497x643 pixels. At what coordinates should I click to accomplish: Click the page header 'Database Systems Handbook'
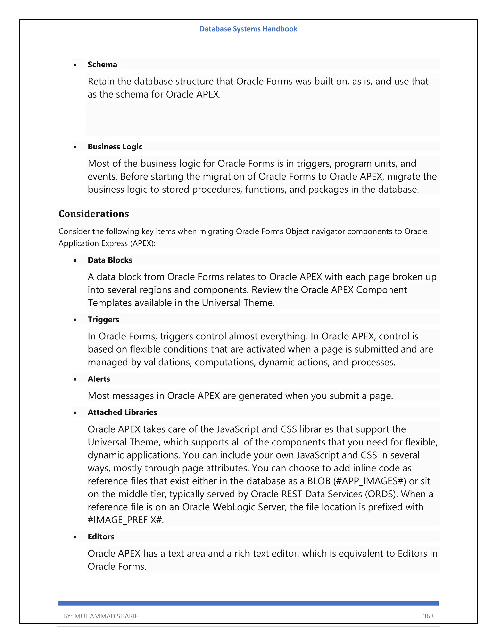pyautogui.click(x=248, y=29)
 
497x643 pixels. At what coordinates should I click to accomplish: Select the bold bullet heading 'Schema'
pyautogui.click(x=102, y=65)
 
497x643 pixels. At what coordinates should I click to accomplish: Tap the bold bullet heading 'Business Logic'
pyautogui.click(x=115, y=147)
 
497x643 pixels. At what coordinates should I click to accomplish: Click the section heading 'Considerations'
pyautogui.click(x=94, y=214)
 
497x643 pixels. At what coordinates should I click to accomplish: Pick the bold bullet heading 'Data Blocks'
pyautogui.click(x=110, y=260)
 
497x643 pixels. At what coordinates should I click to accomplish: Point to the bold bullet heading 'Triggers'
pyautogui.click(x=103, y=320)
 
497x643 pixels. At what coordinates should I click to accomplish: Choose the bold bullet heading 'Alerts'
pyautogui.click(x=99, y=379)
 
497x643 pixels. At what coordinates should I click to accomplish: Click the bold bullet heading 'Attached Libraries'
pyautogui.click(x=122, y=412)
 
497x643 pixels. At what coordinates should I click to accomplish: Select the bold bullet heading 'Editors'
pyautogui.click(x=101, y=537)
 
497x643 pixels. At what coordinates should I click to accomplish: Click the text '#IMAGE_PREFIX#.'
pyautogui.click(x=126, y=520)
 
